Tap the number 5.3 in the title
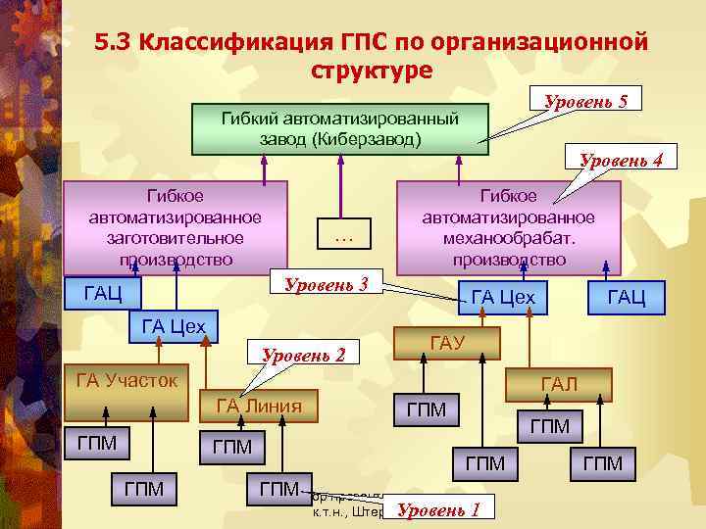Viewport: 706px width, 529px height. point(115,43)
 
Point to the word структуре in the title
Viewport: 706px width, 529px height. point(371,71)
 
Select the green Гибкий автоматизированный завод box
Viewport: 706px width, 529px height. point(340,128)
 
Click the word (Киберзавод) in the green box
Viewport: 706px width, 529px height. point(367,138)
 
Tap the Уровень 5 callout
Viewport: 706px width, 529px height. point(585,101)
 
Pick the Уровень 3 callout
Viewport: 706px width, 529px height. point(325,285)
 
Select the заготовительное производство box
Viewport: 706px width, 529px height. point(176,227)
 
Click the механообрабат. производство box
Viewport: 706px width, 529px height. point(508,227)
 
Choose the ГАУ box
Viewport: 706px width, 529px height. point(446,343)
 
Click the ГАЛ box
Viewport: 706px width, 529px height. point(558,384)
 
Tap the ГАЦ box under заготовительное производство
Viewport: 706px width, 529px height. point(103,293)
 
